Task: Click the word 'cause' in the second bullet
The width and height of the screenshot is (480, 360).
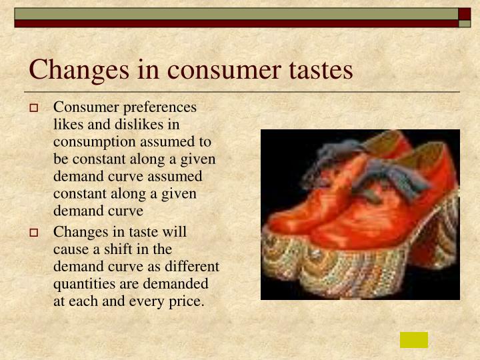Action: pyautogui.click(x=71, y=249)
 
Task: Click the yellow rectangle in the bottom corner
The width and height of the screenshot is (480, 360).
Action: pyautogui.click(x=413, y=340)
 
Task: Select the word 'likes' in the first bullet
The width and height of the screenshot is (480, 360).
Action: pyautogui.click(x=68, y=124)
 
